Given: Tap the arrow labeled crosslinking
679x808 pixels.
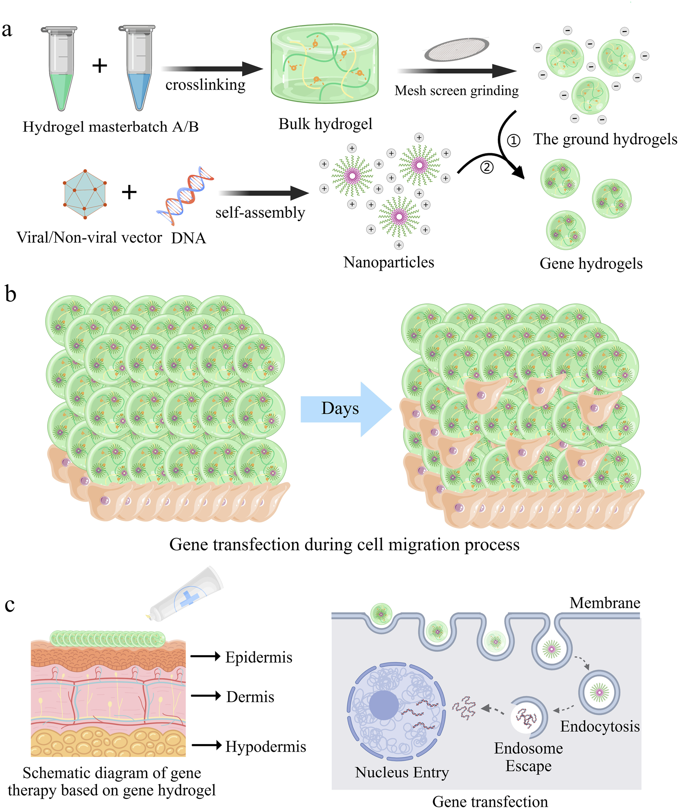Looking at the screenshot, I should click(212, 69).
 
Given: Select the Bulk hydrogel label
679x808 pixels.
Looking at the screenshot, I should click(325, 124).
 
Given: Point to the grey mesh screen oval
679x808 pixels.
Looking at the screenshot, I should click(456, 50).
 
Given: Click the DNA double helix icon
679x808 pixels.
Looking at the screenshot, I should click(185, 195).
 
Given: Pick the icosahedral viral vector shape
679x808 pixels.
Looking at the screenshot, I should click(85, 194).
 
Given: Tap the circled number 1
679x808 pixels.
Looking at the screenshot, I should click(513, 141).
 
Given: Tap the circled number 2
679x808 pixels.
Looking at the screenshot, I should click(487, 167).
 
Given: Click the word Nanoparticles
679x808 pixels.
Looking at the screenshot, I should click(389, 262).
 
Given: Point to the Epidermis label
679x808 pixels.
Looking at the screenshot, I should click(259, 657).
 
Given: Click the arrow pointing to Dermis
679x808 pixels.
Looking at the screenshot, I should click(205, 696).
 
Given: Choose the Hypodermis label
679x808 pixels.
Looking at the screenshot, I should click(266, 747).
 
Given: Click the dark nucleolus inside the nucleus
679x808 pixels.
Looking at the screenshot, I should click(384, 705).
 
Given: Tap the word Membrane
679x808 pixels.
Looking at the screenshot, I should click(605, 603).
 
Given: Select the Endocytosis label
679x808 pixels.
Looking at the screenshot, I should click(600, 726).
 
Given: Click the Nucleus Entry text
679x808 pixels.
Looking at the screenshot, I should click(402, 773).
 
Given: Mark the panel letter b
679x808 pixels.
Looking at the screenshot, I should click(10, 295).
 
